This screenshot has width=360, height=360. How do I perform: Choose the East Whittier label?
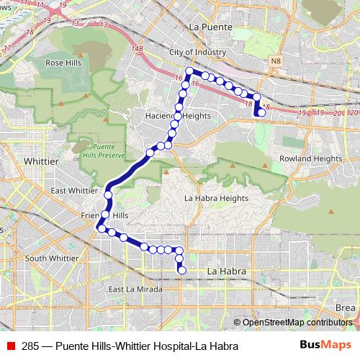point(74,191)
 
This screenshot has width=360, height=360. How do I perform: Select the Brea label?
point(346,307)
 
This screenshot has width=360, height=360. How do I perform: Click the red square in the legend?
point(10,346)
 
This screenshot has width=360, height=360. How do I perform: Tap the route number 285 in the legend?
point(30,346)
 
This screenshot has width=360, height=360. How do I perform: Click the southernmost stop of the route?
point(181,271)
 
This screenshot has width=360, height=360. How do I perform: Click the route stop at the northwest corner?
point(189,71)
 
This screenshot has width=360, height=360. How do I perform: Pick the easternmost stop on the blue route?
point(263,112)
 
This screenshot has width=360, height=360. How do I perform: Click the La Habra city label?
point(227,271)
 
